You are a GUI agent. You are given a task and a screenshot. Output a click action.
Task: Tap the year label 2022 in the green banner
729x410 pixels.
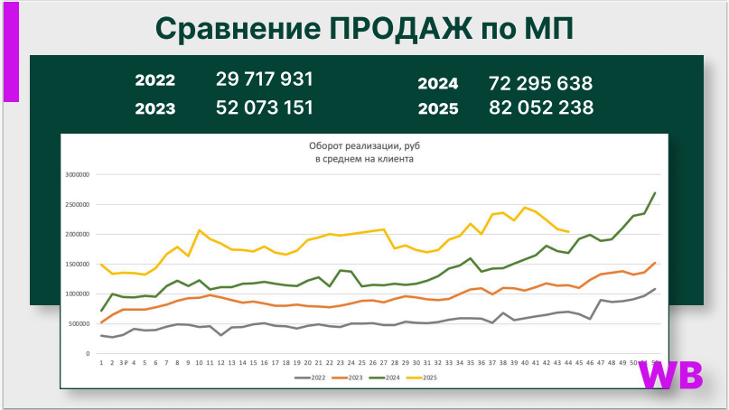155,80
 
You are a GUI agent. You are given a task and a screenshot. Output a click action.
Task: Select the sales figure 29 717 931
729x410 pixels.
265,79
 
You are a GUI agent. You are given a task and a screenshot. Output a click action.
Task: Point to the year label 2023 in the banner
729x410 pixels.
155,109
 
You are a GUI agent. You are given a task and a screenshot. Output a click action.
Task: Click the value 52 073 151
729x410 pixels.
265,108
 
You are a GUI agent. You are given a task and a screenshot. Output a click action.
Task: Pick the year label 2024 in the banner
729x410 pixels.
437,84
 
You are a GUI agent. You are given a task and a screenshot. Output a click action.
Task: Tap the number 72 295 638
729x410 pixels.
540,84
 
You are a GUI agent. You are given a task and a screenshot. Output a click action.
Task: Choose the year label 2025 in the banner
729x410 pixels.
437,109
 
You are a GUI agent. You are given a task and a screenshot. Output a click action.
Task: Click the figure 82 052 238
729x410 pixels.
540,108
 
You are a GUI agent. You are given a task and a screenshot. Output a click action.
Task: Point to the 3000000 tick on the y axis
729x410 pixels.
79,175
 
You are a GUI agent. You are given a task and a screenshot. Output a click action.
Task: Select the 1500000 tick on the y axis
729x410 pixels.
79,265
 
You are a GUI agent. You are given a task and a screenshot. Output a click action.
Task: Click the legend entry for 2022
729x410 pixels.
313,377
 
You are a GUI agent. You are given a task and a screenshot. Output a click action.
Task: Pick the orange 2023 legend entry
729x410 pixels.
353,377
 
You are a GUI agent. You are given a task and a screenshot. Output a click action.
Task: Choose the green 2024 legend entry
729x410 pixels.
395,377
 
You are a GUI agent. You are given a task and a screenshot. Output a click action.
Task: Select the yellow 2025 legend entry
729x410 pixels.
435,377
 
